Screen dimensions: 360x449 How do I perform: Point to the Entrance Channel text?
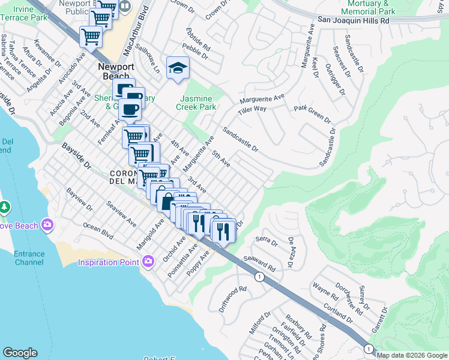click(29, 258)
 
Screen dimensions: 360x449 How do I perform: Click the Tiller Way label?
click(252, 109)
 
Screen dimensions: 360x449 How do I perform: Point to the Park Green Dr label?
click(312, 113)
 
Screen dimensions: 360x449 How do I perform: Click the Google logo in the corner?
click(20, 353)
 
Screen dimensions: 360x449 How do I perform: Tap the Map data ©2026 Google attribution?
click(412, 355)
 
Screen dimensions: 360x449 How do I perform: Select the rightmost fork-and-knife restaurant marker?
click(223, 230)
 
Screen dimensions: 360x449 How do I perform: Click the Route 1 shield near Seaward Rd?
click(259, 277)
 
